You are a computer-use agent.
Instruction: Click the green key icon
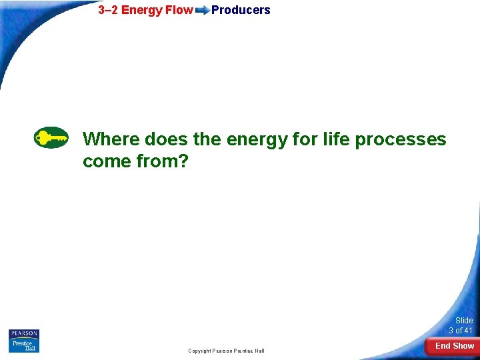[51, 137]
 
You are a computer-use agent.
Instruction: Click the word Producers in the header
[241, 10]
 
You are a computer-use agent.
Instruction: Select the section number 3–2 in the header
[108, 10]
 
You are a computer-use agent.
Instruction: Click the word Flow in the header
[178, 10]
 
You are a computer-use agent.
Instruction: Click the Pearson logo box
[24, 334]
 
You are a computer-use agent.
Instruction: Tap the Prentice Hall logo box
[24, 346]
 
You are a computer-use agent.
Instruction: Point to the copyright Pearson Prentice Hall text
[226, 351]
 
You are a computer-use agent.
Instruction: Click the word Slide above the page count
[464, 321]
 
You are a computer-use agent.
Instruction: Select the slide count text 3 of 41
[460, 331]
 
